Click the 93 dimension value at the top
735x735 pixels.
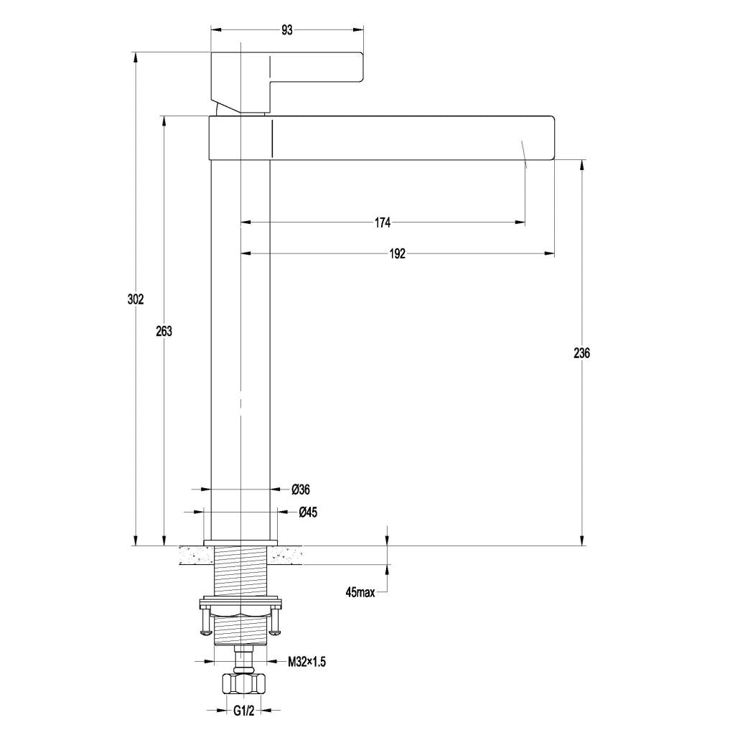tap(286, 30)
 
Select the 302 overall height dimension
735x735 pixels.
tap(136, 299)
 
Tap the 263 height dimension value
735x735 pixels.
tap(164, 331)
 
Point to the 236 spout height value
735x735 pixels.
tap(582, 353)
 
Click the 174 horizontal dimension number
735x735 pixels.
tap(382, 223)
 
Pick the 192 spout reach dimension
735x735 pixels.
tap(398, 253)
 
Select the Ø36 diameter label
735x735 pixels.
tap(301, 490)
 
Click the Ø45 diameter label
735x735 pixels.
tap(308, 512)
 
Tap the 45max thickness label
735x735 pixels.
tap(360, 593)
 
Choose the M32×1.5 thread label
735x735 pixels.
tap(307, 662)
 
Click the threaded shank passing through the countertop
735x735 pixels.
tap(241, 571)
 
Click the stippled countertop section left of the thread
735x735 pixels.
tap(195, 555)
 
